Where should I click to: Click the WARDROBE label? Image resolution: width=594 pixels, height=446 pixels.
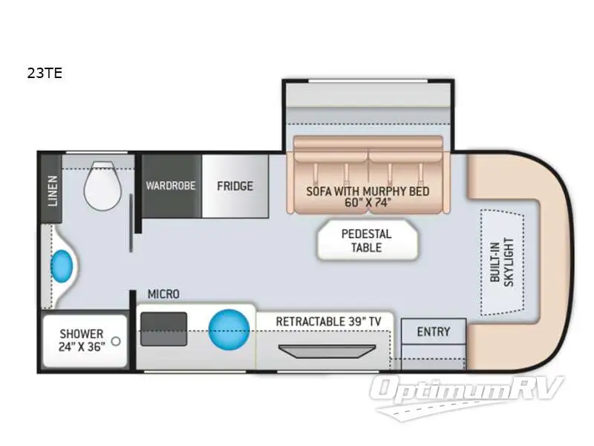(x=171, y=186)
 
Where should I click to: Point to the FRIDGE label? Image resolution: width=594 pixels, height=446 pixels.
(x=235, y=186)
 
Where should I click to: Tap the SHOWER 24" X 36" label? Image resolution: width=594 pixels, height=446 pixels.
(x=82, y=339)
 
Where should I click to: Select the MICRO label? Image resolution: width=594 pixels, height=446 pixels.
(x=163, y=294)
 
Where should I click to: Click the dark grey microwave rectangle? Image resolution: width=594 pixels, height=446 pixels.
(x=163, y=328)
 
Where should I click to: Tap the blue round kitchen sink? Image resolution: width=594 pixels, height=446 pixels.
(x=229, y=327)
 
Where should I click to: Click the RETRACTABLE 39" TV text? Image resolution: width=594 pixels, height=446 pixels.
(x=329, y=321)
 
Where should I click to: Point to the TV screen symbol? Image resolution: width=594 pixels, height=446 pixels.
(x=323, y=350)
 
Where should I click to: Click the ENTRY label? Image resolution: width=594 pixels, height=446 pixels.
(x=434, y=332)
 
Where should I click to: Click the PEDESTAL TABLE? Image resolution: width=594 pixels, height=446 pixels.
(x=366, y=240)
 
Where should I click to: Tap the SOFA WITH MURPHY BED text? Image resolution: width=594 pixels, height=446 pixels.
(x=368, y=191)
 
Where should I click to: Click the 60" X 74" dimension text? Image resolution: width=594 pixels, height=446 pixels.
(x=368, y=203)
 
